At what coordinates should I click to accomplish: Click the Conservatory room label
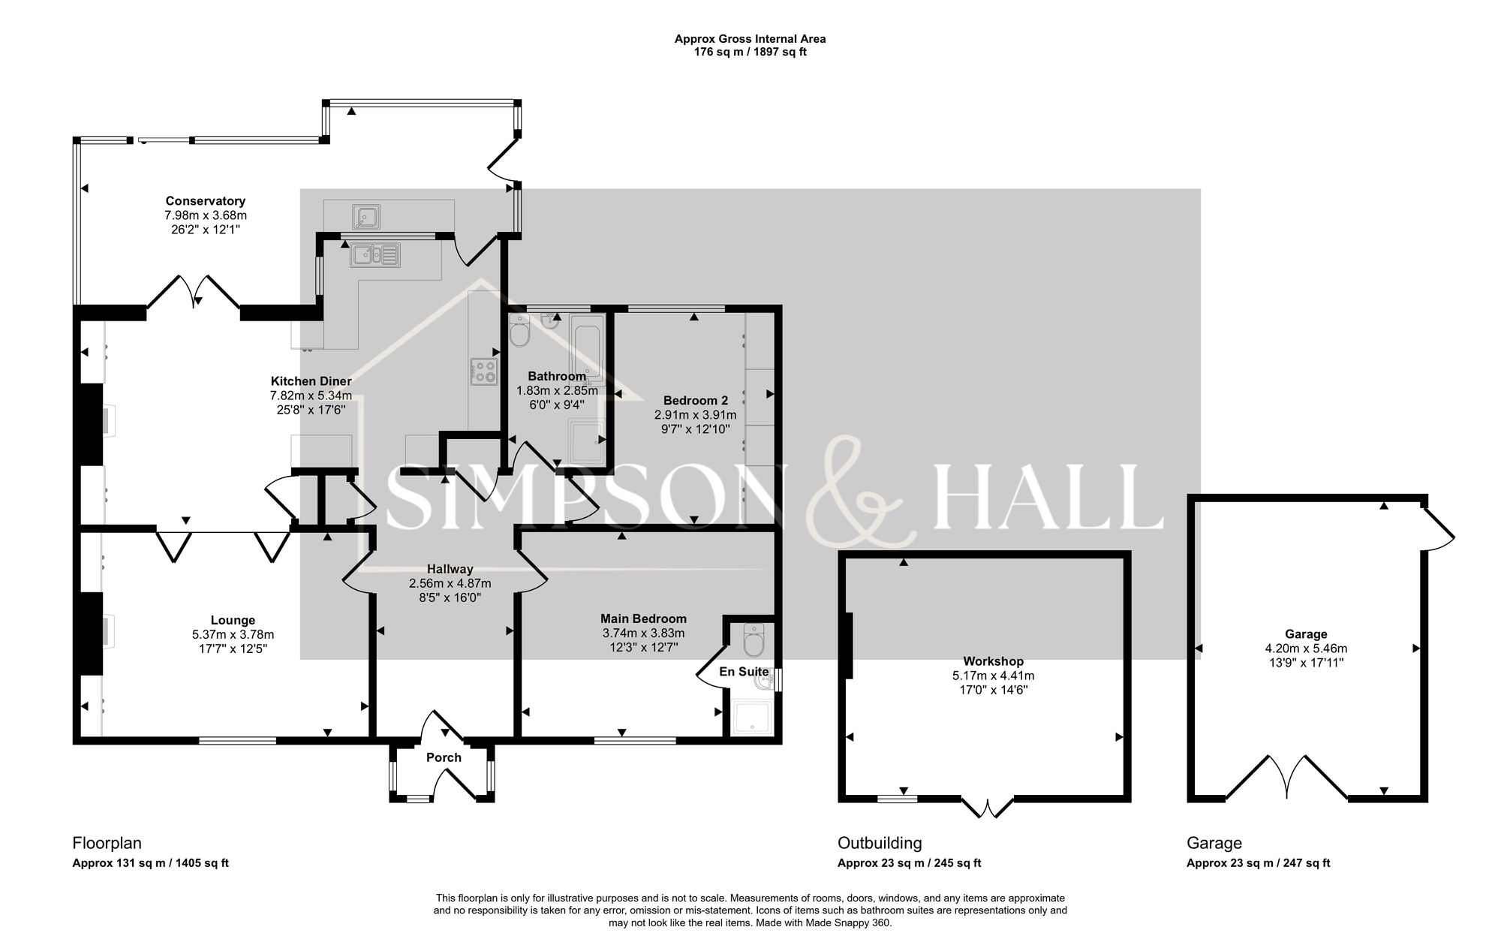pyautogui.click(x=205, y=201)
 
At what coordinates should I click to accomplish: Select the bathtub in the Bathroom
pyautogui.click(x=586, y=348)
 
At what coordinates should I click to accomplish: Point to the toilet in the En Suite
pyautogui.click(x=753, y=640)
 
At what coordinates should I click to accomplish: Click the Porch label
pyautogui.click(x=444, y=757)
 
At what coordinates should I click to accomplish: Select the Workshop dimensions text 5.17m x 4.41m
pyautogui.click(x=993, y=676)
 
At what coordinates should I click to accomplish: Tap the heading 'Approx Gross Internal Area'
pyautogui.click(x=750, y=39)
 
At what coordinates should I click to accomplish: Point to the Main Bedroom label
pyautogui.click(x=643, y=618)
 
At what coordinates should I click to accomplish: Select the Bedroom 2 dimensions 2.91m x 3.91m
pyautogui.click(x=695, y=415)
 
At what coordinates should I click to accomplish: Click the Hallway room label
pyautogui.click(x=450, y=569)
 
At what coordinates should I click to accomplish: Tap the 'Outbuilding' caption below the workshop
pyautogui.click(x=880, y=843)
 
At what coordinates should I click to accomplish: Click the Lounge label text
pyautogui.click(x=233, y=620)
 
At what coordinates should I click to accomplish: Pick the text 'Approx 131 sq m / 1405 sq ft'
pyautogui.click(x=150, y=863)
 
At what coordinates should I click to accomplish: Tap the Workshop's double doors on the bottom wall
pyautogui.click(x=987, y=807)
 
